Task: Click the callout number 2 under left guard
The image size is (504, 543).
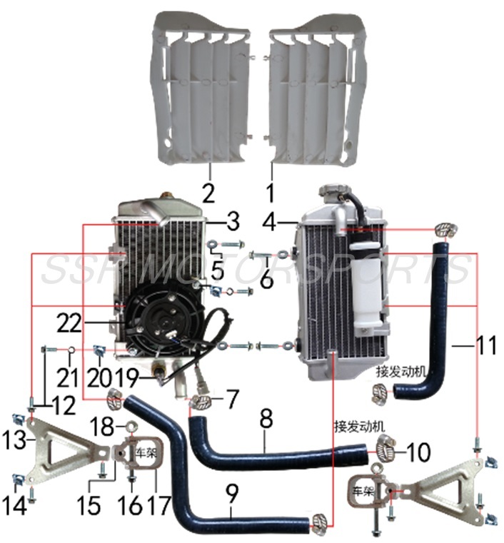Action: (x=208, y=173)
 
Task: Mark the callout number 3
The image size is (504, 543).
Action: (x=233, y=223)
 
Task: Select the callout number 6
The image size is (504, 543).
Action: (x=266, y=280)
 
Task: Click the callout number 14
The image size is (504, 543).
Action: (x=16, y=505)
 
